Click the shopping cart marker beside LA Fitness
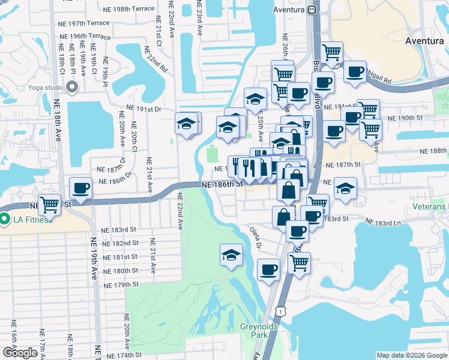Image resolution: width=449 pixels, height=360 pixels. tap(50, 205)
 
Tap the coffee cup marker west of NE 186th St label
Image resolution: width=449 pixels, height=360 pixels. tap(80, 188)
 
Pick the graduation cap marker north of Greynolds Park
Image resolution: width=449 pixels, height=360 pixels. tap(232, 254)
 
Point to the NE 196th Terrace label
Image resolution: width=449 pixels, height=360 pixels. tap(85, 37)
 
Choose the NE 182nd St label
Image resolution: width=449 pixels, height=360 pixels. tap(120, 243)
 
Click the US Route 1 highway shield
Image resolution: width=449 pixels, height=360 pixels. tap(280, 308)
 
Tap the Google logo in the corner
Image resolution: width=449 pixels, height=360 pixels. tap(20, 352)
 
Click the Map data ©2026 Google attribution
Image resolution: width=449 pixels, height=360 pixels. tap(411, 355)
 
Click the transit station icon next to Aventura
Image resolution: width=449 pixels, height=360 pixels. tap(312, 10)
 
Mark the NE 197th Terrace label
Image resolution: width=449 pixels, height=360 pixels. tap(89, 23)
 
